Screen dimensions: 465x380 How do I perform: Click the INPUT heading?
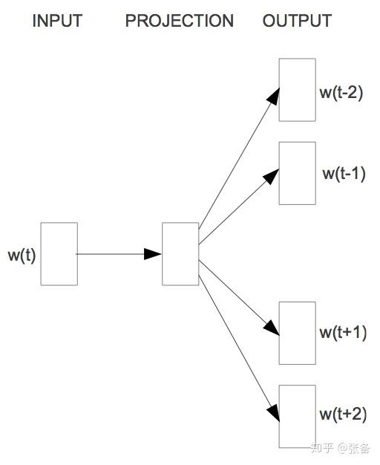click(x=57, y=21)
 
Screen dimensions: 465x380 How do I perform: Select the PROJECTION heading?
click(x=179, y=21)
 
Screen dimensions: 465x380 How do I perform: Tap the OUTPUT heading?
click(x=297, y=21)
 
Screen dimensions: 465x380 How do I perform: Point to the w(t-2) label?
click(x=341, y=94)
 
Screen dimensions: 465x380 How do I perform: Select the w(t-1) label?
click(x=344, y=174)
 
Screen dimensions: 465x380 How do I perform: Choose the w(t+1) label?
click(x=343, y=333)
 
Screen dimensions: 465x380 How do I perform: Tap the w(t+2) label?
click(x=343, y=414)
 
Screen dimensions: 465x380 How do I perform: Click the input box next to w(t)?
click(x=59, y=253)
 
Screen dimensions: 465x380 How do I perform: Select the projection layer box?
click(x=180, y=253)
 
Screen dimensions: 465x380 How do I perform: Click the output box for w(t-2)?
click(x=297, y=90)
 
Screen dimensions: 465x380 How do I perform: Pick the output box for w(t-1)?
click(x=297, y=173)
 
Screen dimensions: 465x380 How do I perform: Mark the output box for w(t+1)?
click(x=297, y=333)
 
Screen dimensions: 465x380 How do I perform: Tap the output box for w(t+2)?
click(x=297, y=416)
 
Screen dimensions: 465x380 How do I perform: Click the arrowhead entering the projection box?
click(x=154, y=254)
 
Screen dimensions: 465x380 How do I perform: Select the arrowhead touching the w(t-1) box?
click(x=272, y=176)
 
